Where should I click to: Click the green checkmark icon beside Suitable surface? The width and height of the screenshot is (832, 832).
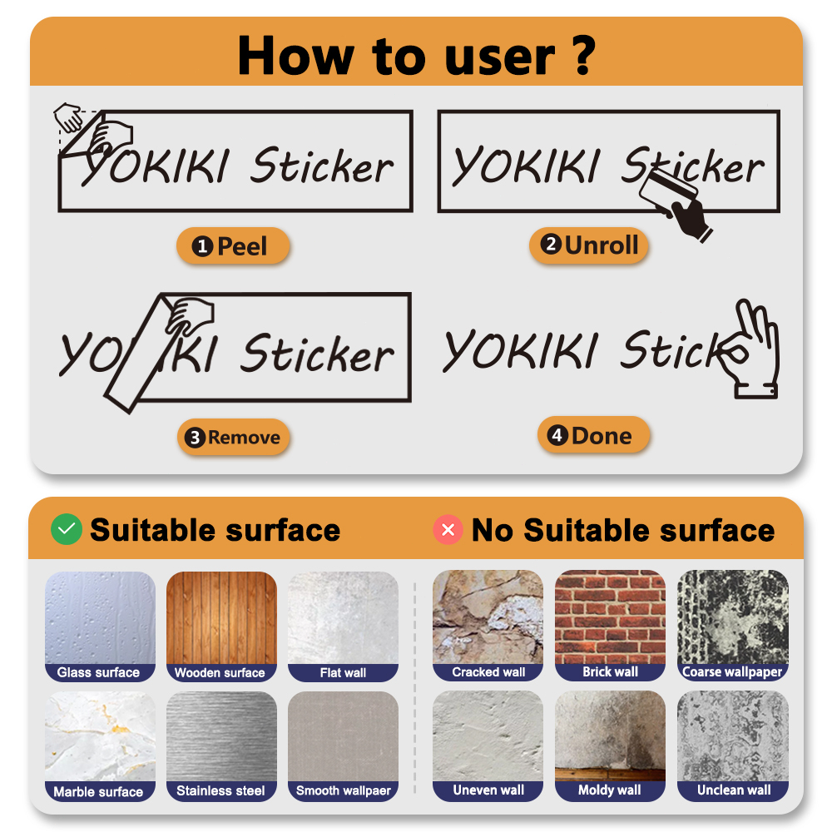(x=66, y=530)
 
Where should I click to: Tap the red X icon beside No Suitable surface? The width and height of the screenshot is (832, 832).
(x=448, y=530)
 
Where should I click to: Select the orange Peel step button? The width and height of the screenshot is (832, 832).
(x=232, y=246)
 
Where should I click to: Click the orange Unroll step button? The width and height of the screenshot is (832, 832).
(x=589, y=245)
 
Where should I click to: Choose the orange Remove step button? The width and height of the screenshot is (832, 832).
(x=233, y=438)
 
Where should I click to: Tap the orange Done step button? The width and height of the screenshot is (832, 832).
(x=592, y=436)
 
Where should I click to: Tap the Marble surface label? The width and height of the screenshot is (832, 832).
(x=99, y=791)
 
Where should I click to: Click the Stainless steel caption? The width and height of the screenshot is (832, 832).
(x=220, y=791)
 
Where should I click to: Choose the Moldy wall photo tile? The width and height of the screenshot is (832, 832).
(x=610, y=736)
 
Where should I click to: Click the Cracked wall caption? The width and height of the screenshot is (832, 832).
(x=488, y=672)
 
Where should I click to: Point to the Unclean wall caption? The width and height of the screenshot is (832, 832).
(x=732, y=790)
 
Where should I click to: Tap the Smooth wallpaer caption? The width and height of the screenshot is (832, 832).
(x=343, y=791)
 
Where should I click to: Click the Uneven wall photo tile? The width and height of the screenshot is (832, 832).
(x=488, y=736)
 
